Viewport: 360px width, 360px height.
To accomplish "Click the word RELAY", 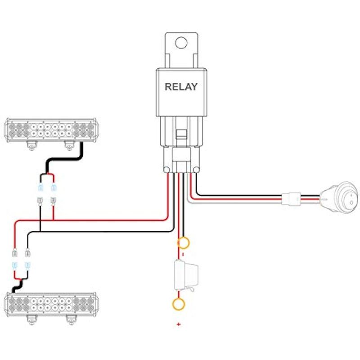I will coord(181,87).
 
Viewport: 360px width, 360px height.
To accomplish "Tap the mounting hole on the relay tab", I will coord(181,43).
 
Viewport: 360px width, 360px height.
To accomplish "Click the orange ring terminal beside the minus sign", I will coord(184,243).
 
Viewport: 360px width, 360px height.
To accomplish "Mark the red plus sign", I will coord(179,324).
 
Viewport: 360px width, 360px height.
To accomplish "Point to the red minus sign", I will coord(183,254).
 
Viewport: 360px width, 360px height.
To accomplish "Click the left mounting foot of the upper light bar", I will coord(31,144).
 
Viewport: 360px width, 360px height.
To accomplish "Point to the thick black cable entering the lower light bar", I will coord(18,286).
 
